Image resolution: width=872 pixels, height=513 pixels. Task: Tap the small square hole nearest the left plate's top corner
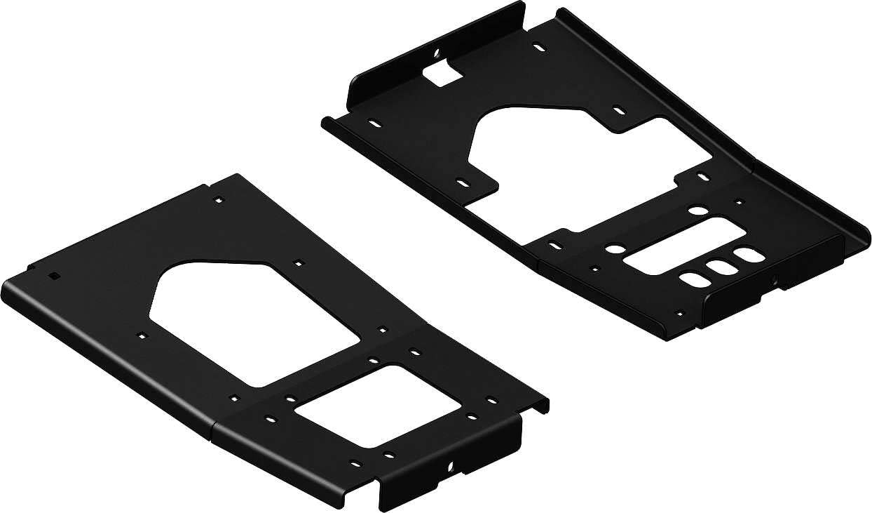pyautogui.click(x=219, y=200)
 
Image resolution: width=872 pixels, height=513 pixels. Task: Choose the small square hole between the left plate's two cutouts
pyautogui.click(x=383, y=329)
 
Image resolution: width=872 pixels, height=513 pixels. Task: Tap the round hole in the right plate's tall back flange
pyautogui.click(x=436, y=53)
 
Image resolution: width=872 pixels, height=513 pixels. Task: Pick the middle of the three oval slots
pyautogui.click(x=717, y=267)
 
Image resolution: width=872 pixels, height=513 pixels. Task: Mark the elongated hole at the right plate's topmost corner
pyautogui.click(x=538, y=47)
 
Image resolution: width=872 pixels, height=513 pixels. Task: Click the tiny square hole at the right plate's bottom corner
pyautogui.click(x=678, y=314)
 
